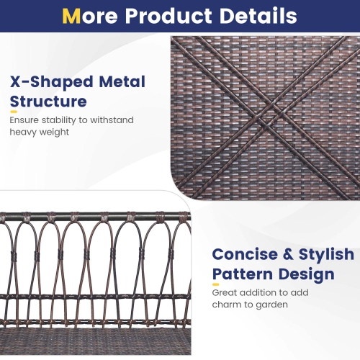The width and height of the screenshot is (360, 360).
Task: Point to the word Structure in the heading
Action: [x=48, y=101]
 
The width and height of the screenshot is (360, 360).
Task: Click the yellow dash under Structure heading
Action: [x=13, y=112]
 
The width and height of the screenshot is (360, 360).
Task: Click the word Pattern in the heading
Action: [x=243, y=274]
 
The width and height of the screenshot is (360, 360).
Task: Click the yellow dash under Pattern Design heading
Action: [x=215, y=285]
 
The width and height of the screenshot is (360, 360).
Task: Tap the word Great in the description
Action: [x=225, y=293]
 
